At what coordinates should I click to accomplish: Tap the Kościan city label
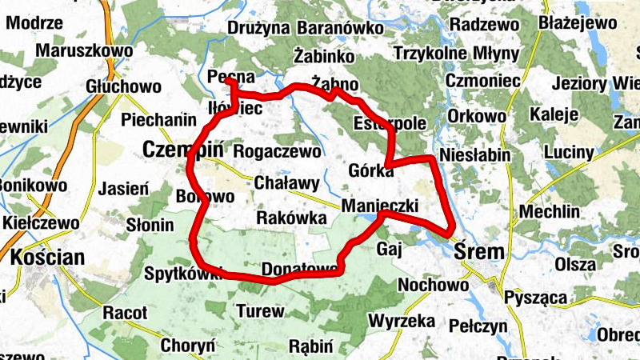coord(48,258)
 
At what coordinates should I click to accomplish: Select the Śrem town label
coord(479,252)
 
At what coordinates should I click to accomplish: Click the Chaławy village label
coord(286,183)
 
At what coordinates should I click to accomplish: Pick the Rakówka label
coord(292,218)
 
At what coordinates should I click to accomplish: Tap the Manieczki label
coord(380,206)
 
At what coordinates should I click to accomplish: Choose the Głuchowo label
coord(124,86)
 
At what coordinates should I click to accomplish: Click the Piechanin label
coord(156,120)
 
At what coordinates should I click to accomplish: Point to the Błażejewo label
coord(578,22)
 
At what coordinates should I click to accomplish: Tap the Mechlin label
coord(550,212)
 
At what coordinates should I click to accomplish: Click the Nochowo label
coord(433,285)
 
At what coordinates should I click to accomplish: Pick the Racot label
coord(125,311)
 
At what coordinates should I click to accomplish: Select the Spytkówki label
coord(182,274)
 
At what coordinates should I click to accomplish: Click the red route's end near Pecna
coord(227,81)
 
